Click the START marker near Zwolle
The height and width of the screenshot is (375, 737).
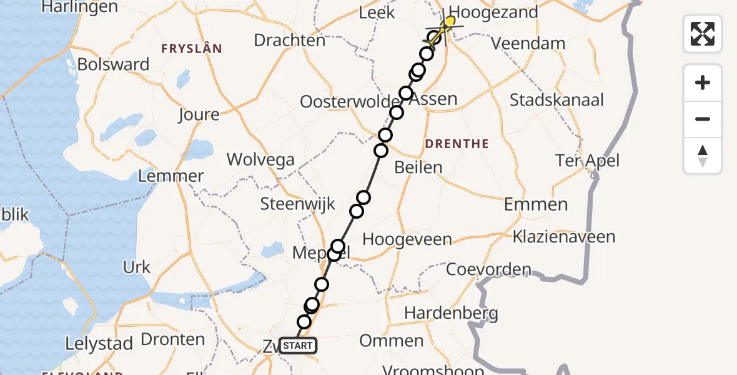297,346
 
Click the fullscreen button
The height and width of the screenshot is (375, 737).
703,33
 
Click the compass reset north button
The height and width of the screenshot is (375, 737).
703,156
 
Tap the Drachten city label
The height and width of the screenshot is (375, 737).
289,41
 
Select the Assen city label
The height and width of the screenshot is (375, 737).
436,99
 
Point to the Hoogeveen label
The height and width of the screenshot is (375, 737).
407,239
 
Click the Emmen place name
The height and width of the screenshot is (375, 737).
536,204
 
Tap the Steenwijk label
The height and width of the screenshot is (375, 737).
297,204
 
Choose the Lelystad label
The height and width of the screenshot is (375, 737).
99,343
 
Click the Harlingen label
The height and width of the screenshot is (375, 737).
79,7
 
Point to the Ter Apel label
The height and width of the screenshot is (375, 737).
588,161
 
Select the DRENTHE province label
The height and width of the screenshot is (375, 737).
457,144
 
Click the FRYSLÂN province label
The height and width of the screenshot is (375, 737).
192,48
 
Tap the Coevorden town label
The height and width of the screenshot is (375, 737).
488,270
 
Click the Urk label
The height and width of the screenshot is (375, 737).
137,267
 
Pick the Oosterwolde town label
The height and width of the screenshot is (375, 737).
349,102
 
